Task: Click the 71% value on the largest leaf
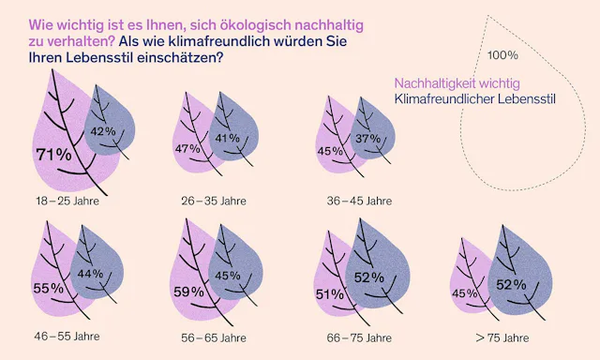(x=53, y=154)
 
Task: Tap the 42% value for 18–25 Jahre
(x=103, y=131)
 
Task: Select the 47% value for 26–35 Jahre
(x=188, y=149)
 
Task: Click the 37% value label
(x=368, y=139)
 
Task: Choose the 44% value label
(x=90, y=273)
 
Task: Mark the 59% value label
(x=188, y=292)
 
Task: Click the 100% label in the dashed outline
(x=502, y=55)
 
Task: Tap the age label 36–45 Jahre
(x=358, y=201)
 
